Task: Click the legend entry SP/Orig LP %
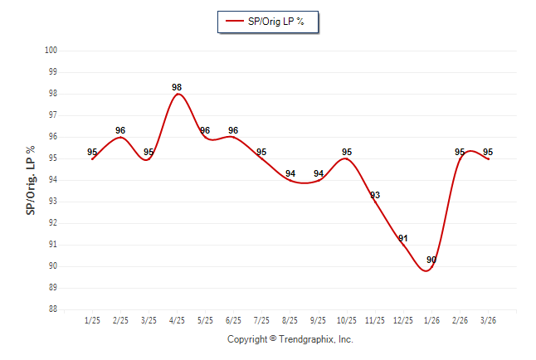(267, 22)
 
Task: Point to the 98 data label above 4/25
(177, 87)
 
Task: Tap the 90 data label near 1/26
(431, 260)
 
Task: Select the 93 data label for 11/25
(375, 196)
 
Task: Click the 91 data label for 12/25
(403, 239)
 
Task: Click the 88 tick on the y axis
(51, 309)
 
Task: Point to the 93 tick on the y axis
(51, 202)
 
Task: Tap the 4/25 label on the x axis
(177, 320)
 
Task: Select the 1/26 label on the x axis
(431, 320)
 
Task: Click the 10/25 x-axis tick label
(346, 320)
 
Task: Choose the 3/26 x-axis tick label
(488, 320)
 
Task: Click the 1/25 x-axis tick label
(92, 320)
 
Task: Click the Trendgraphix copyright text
(290, 339)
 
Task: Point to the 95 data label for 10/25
(347, 153)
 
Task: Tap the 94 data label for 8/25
(290, 174)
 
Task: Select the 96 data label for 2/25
(120, 131)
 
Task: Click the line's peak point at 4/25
(178, 94)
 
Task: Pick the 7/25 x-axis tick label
(261, 320)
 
